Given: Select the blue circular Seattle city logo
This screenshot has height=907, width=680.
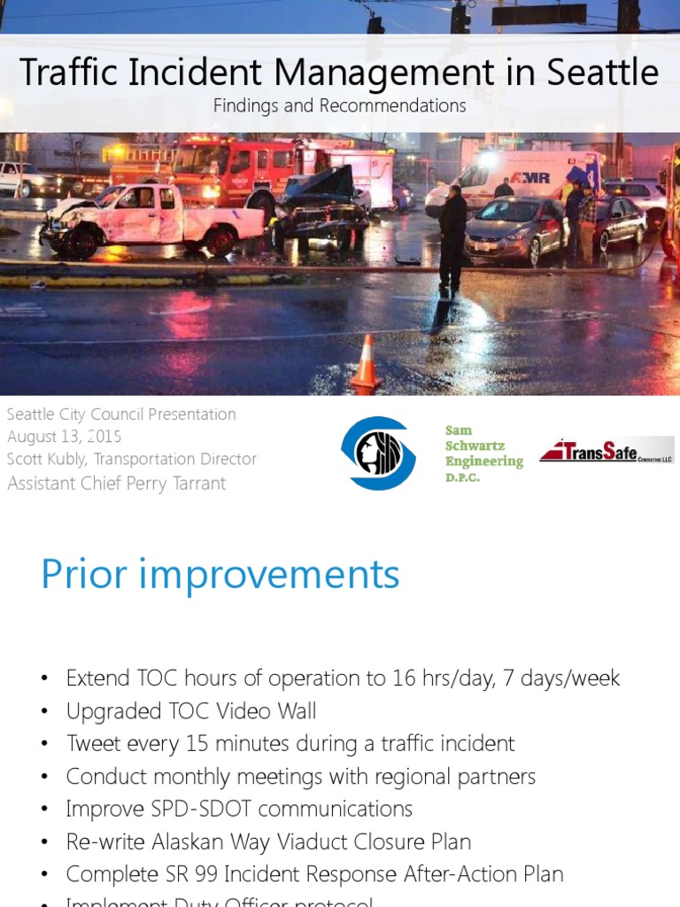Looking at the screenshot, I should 378,453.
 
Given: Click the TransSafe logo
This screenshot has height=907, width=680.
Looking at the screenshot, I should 607,450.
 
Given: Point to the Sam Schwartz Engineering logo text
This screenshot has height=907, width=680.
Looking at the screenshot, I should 483,453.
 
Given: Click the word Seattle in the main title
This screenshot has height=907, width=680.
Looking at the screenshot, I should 602,73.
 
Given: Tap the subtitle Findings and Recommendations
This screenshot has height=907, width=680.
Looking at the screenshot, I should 340,105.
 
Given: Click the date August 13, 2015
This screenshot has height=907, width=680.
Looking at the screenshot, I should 65,437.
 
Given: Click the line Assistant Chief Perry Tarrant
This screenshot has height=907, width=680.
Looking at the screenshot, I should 117,483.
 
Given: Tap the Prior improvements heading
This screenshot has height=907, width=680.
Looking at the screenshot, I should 220,575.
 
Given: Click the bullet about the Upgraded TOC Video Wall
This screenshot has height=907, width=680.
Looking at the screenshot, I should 191,711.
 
